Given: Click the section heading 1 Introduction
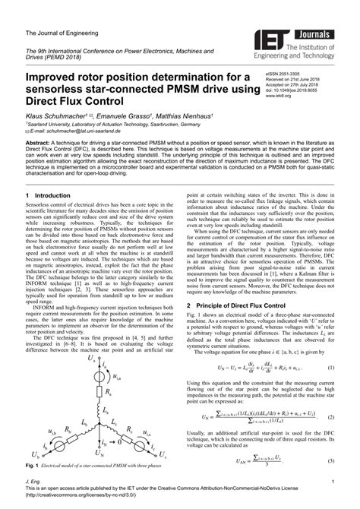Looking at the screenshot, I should pos(49,195).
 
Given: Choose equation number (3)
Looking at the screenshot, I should pos(331,461).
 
